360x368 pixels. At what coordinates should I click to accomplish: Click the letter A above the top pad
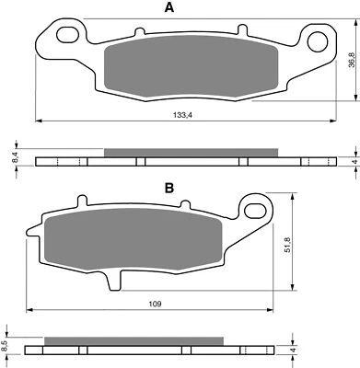coord(168,8)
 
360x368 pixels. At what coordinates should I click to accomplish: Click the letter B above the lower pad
coord(169,188)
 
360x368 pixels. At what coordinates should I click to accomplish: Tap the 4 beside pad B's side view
coord(293,351)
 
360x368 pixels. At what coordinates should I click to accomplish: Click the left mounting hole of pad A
coord(66,35)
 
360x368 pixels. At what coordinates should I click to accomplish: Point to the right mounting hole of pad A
coord(319,40)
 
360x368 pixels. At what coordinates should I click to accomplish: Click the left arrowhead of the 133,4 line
coord(39,121)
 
